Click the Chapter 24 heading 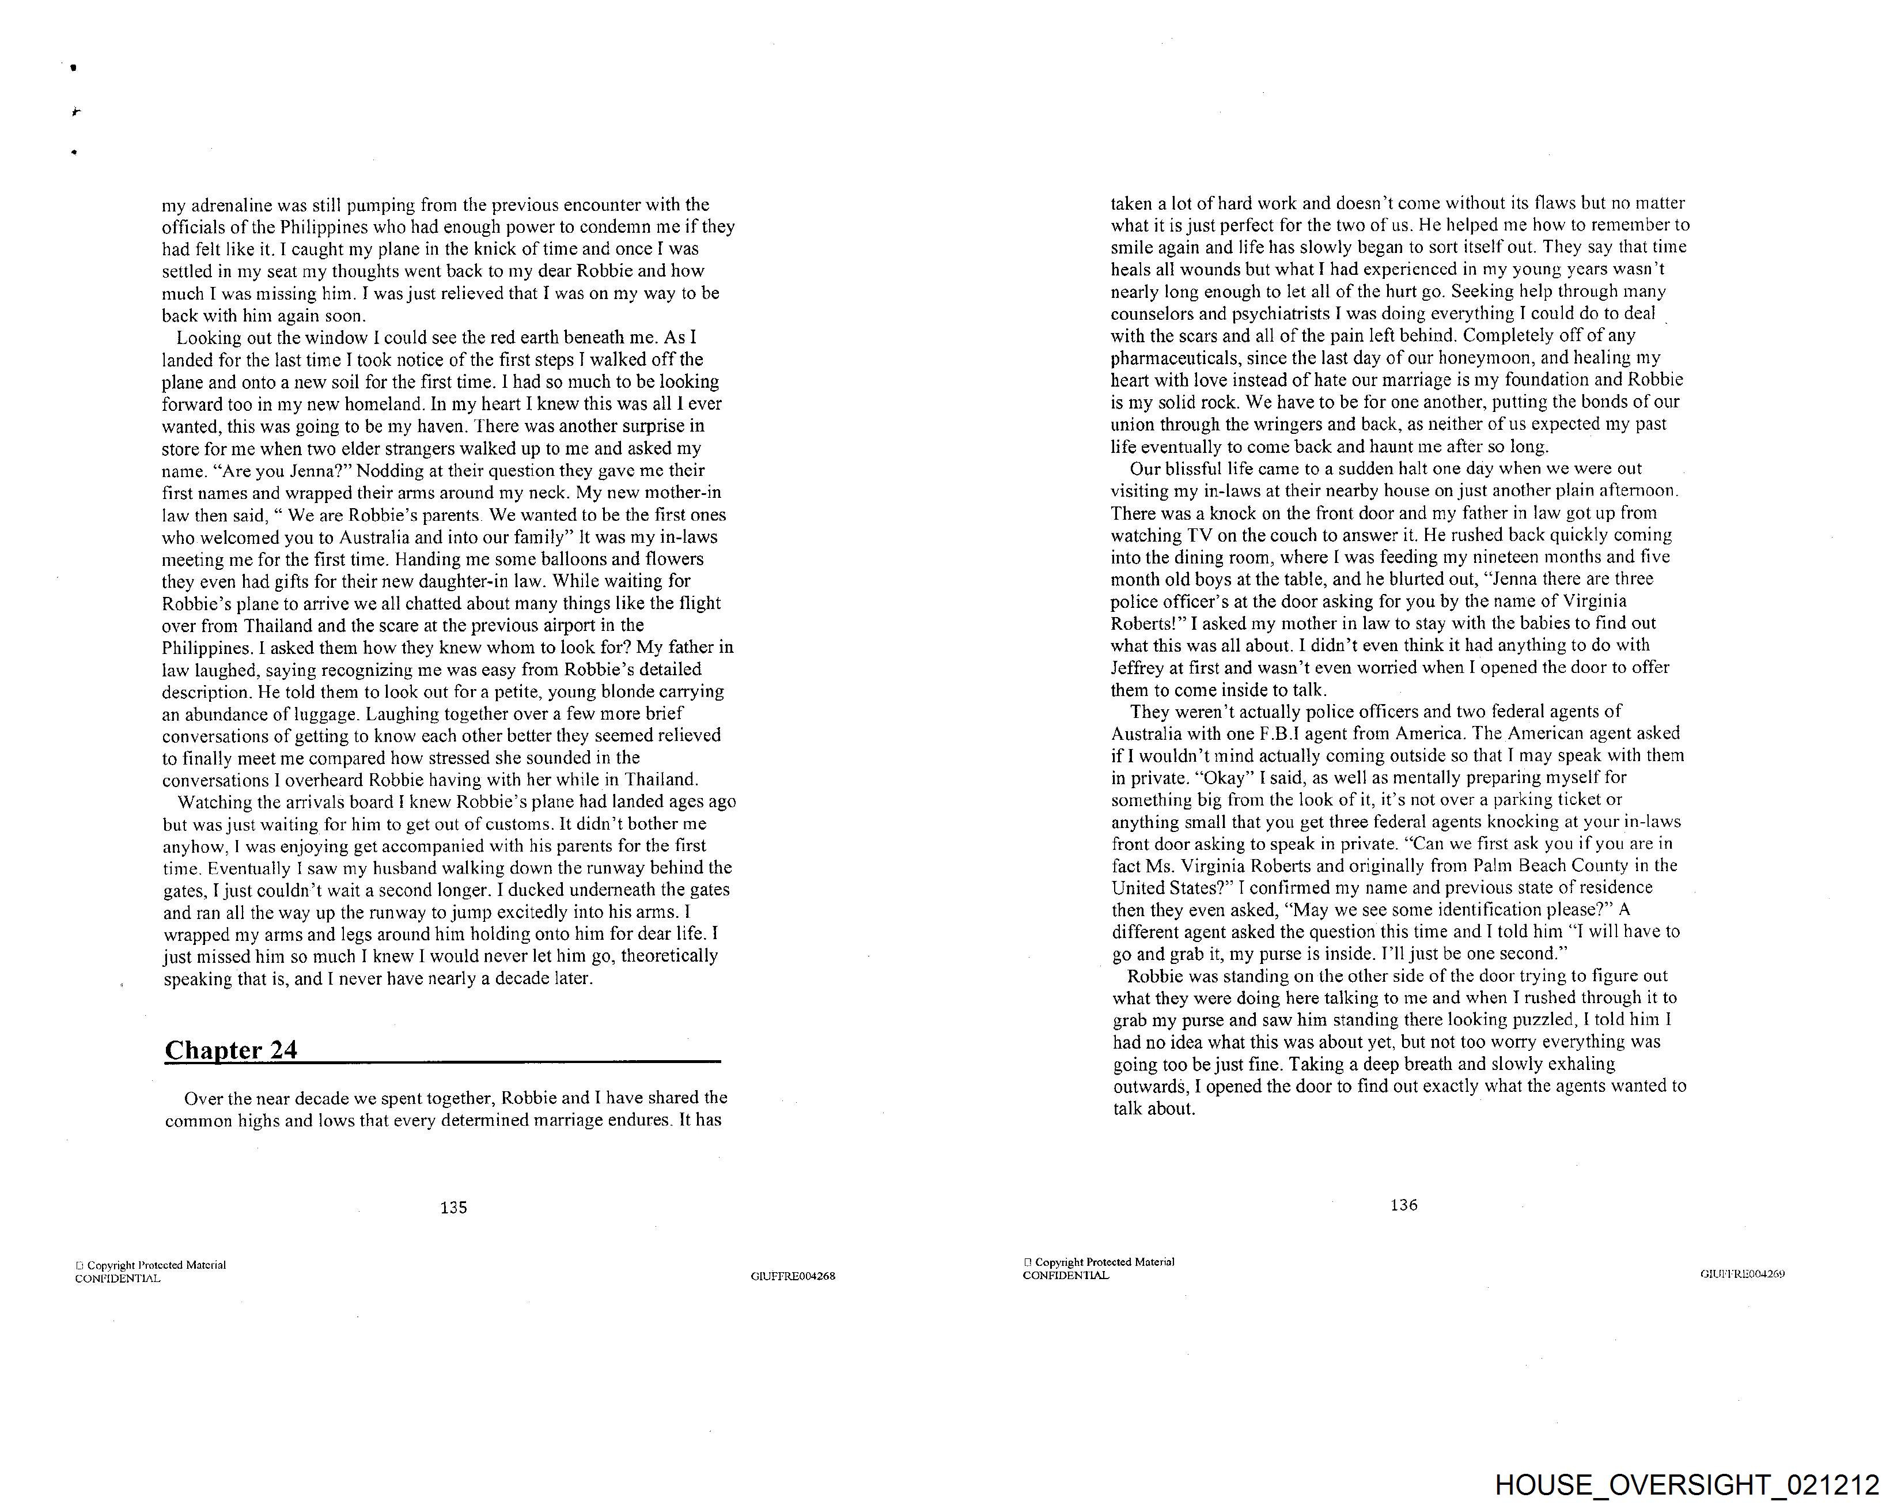(x=231, y=1050)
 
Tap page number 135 (x=453, y=1208)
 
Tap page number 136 (x=1403, y=1205)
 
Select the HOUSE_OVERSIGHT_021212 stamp (x=1687, y=1485)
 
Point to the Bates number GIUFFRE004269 (x=1742, y=1273)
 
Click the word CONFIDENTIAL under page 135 (x=118, y=1279)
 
